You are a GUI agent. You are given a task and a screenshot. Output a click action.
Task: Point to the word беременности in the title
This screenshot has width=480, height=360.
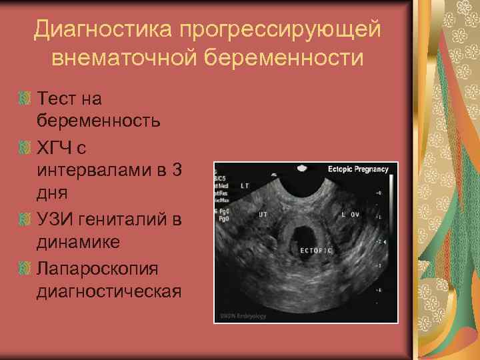(x=298, y=58)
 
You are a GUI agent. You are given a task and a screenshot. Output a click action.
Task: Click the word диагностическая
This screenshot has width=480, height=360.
(x=109, y=291)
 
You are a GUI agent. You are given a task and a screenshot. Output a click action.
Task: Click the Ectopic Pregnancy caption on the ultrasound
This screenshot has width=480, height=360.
(x=357, y=169)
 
